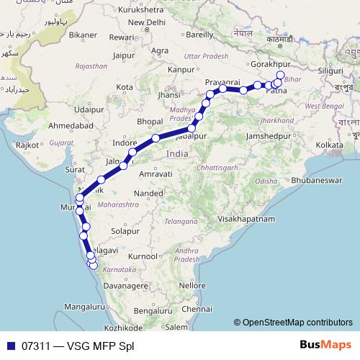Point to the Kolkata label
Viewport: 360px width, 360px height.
point(329,145)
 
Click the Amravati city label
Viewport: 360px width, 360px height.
point(155,174)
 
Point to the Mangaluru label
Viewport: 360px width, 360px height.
point(84,306)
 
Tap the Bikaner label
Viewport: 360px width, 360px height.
point(84,34)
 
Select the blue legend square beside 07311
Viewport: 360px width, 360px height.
point(11,346)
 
